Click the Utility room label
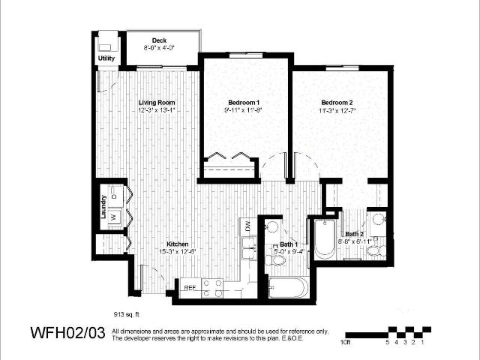click(x=106, y=58)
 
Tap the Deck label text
click(x=158, y=40)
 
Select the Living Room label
click(x=156, y=102)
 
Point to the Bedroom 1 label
click(x=244, y=102)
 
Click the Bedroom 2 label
click(x=337, y=102)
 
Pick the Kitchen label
click(x=177, y=244)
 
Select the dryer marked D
click(x=113, y=196)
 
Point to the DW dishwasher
click(x=246, y=225)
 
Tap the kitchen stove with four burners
click(x=212, y=287)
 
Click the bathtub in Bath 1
click(x=287, y=289)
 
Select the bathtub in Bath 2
click(x=324, y=238)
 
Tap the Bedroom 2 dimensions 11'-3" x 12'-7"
click(x=337, y=110)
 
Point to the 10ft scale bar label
click(x=344, y=342)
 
